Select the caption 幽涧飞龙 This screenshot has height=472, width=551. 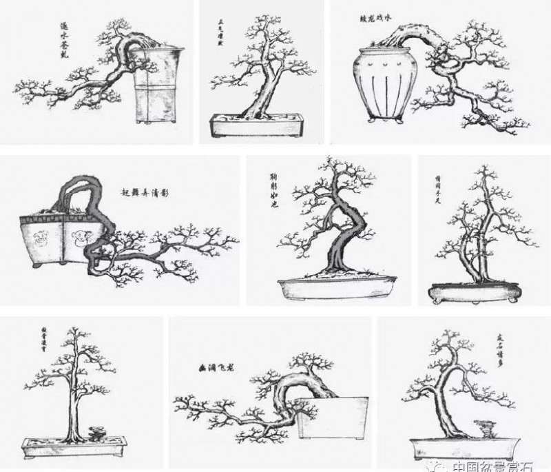213,368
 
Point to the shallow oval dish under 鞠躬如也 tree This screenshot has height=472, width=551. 337,287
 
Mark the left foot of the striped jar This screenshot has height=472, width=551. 372,120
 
